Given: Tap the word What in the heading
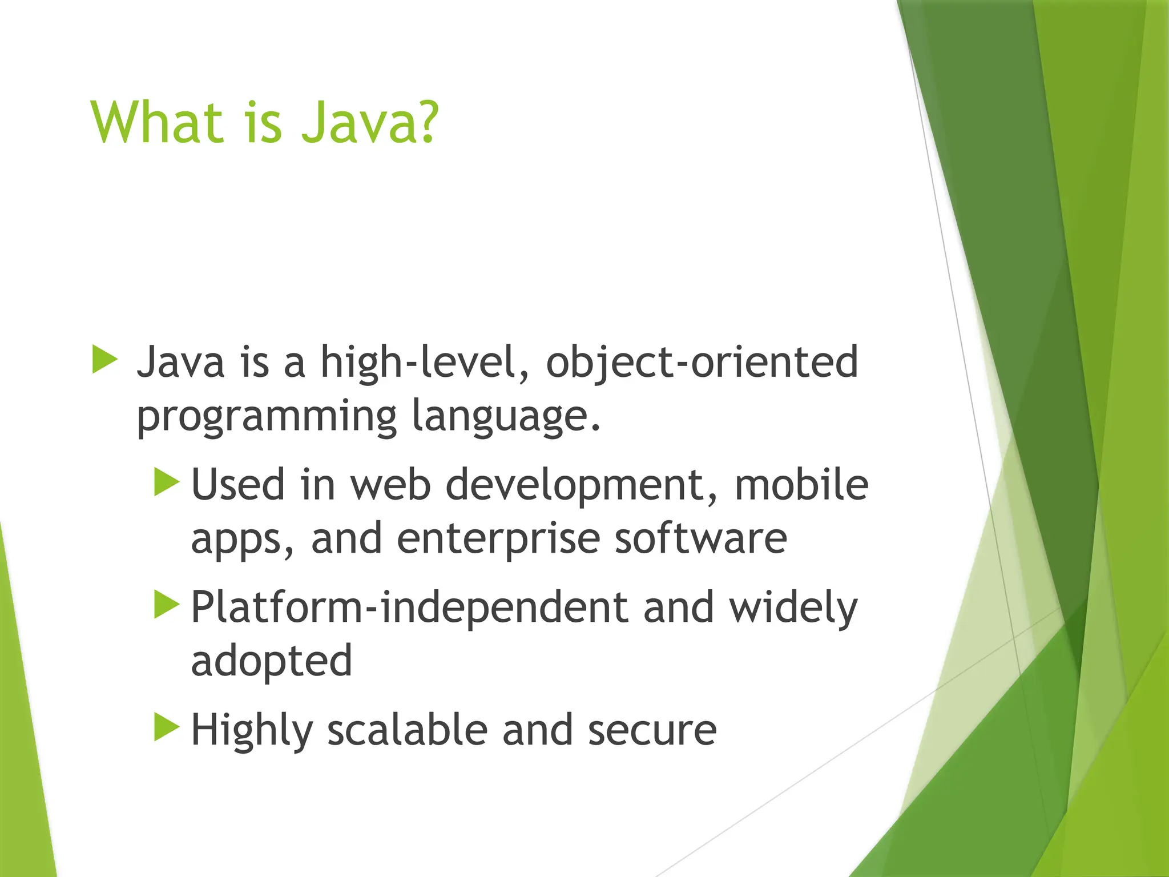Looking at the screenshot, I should [156, 122].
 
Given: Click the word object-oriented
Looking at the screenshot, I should [702, 363].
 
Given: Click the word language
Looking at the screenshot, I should [505, 417].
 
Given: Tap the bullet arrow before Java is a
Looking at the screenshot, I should [104, 359].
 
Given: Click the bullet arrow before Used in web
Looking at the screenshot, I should [166, 482].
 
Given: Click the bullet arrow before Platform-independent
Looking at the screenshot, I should [166, 605].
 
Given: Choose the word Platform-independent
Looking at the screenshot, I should [409, 608].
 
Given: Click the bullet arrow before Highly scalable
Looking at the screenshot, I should [166, 727].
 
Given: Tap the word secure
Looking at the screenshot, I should [652, 731].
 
